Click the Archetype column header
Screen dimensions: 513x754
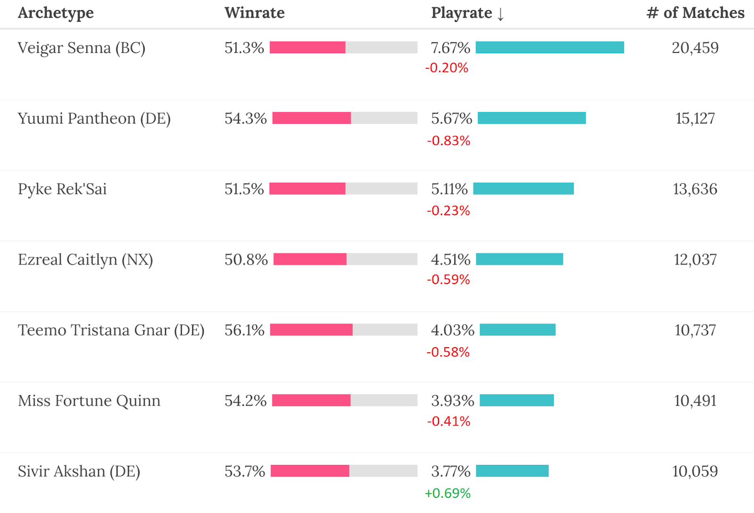[x=56, y=13]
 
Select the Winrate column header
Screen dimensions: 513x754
[x=254, y=13]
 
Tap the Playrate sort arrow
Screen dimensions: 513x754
[x=500, y=14]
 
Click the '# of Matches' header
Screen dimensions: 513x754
[x=695, y=13]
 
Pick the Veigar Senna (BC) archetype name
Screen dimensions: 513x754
[x=82, y=48]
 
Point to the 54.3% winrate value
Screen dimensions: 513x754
[x=245, y=118]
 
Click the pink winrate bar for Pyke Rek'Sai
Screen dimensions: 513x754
[x=307, y=188]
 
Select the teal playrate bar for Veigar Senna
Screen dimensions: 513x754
[x=549, y=47]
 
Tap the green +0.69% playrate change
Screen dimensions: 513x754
[x=448, y=493]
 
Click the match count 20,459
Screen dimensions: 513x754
[x=695, y=48]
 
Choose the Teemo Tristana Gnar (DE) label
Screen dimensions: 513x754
[x=111, y=330]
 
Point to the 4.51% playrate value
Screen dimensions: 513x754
[x=451, y=260]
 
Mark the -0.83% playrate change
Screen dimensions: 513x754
[x=449, y=140]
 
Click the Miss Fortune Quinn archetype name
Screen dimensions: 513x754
[x=89, y=400]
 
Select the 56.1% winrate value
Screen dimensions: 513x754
[x=244, y=330]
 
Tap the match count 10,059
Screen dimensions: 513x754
[x=695, y=471]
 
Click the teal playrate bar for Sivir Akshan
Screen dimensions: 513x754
[x=512, y=471]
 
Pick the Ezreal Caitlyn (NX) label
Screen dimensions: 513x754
[x=85, y=260]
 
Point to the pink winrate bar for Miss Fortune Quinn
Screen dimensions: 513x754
[x=311, y=400]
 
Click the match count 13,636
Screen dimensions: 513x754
[x=695, y=189]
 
